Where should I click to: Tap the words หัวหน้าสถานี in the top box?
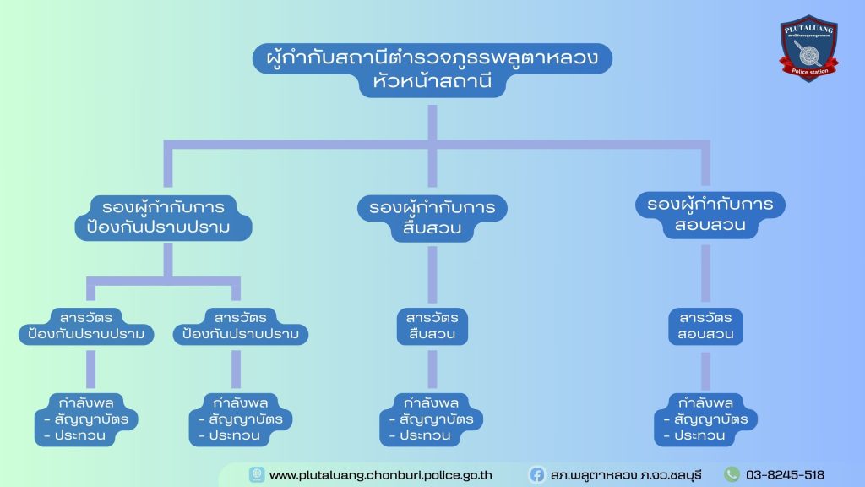click(432, 83)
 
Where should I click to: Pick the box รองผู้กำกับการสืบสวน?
click(432, 218)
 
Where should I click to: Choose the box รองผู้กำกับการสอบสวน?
click(710, 216)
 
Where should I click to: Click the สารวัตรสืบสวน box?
click(432, 326)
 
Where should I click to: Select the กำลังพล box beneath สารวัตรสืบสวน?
click(431, 419)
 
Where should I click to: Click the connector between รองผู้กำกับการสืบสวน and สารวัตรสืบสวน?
click(432, 276)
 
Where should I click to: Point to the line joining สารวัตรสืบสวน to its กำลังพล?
click(432, 369)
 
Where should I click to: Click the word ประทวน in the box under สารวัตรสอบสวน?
click(699, 436)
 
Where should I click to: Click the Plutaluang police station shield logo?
click(808, 47)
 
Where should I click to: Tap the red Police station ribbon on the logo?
click(809, 71)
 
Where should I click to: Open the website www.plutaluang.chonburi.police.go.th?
click(380, 475)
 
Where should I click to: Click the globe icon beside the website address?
click(256, 475)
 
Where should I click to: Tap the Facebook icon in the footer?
click(537, 475)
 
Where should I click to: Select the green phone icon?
click(732, 475)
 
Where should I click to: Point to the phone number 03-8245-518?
click(785, 475)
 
